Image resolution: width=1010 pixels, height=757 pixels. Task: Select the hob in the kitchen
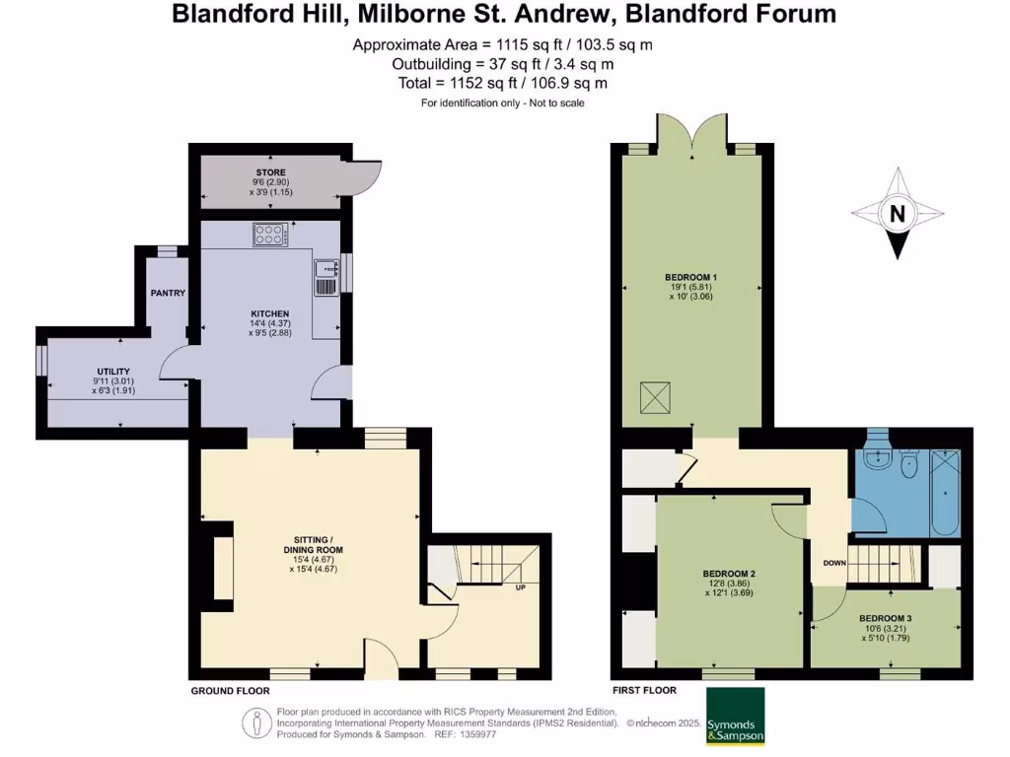pyautogui.click(x=269, y=235)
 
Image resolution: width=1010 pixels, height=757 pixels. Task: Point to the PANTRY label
pyautogui.click(x=168, y=294)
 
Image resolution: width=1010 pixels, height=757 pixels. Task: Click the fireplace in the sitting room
pyautogui.click(x=223, y=568)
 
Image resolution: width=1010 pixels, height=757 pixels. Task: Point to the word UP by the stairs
pyautogui.click(x=519, y=588)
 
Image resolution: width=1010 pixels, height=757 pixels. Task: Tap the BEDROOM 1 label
pyautogui.click(x=690, y=275)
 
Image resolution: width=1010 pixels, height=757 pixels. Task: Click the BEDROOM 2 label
pyautogui.click(x=729, y=574)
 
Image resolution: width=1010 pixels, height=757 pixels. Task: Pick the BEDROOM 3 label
pyautogui.click(x=886, y=618)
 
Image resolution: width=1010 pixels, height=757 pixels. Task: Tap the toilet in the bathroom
pyautogui.click(x=908, y=460)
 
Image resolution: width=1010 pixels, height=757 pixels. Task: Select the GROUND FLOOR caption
pyautogui.click(x=230, y=691)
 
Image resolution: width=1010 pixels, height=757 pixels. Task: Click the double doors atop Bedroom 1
pyautogui.click(x=692, y=133)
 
